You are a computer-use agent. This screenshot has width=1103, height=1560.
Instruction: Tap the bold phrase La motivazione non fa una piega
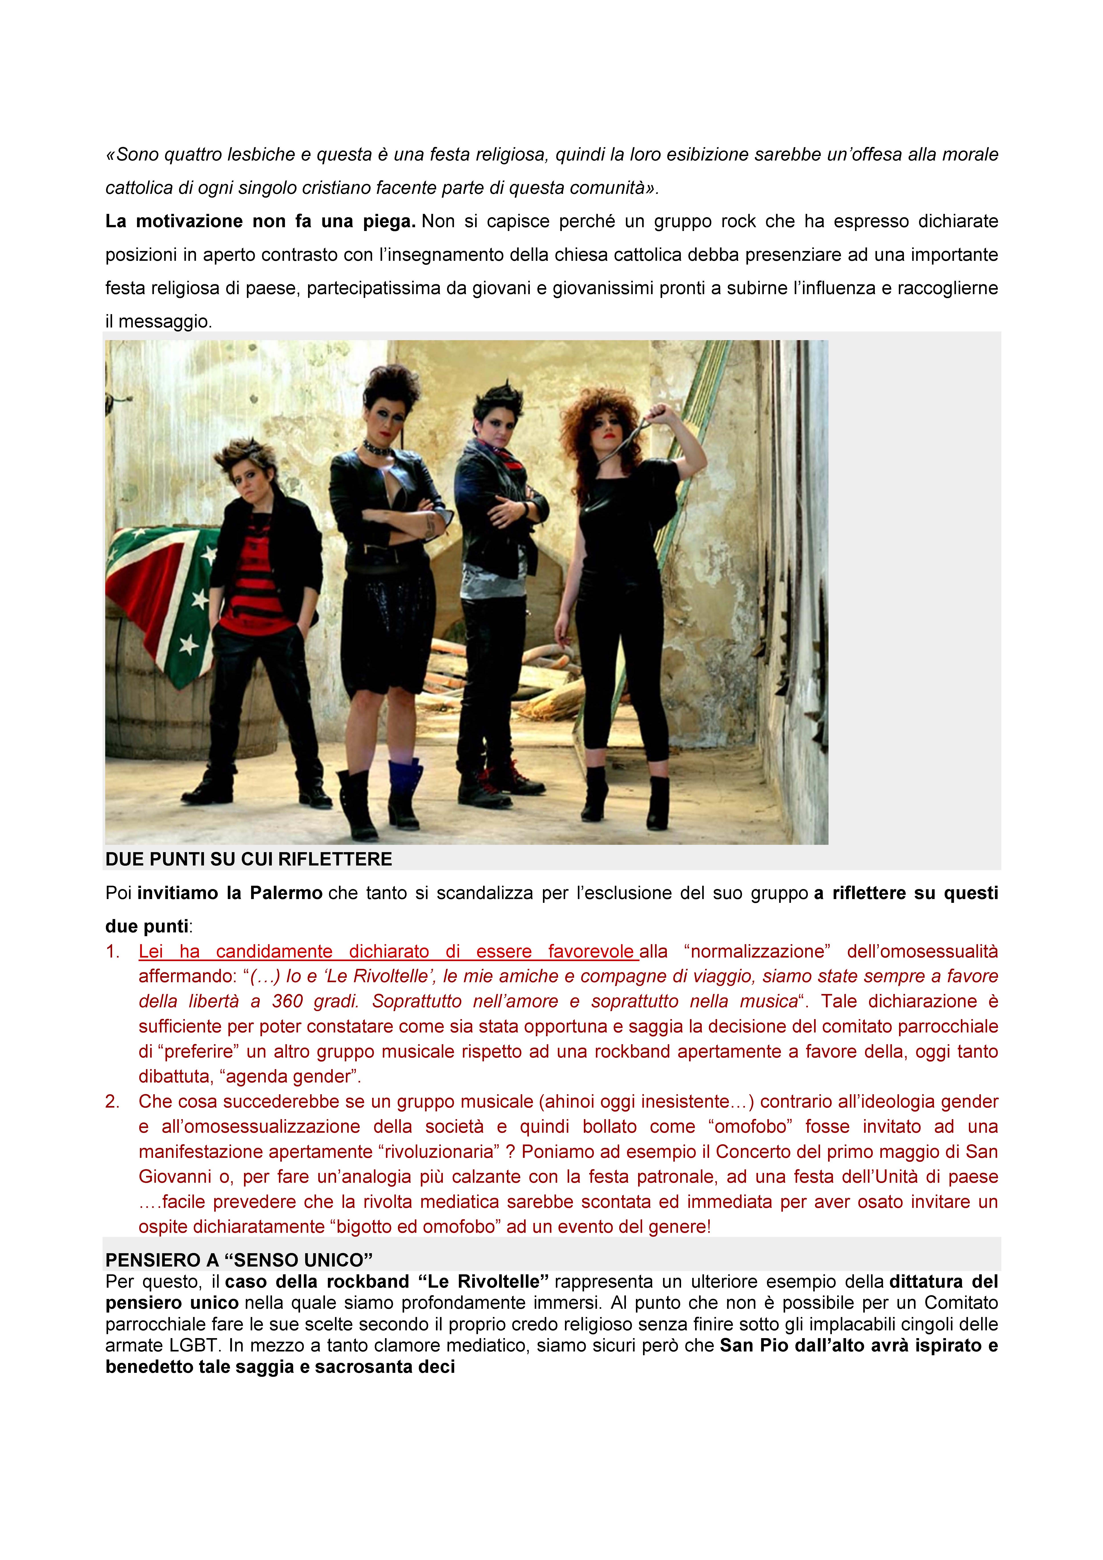[260, 221]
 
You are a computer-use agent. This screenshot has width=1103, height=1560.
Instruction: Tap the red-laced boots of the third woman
[503, 781]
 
